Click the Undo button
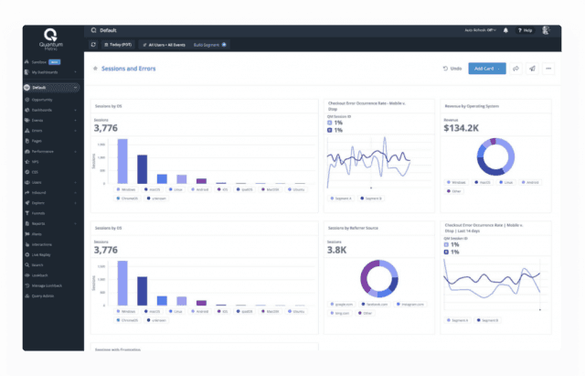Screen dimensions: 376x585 pos(452,68)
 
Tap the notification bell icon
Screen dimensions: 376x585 pos(506,30)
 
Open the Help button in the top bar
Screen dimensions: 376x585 pos(524,30)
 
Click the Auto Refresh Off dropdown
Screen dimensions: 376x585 pos(482,30)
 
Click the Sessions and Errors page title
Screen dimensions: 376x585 pos(129,68)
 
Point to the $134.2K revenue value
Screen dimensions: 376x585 pos(462,127)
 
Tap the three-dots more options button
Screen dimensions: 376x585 pos(548,68)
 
